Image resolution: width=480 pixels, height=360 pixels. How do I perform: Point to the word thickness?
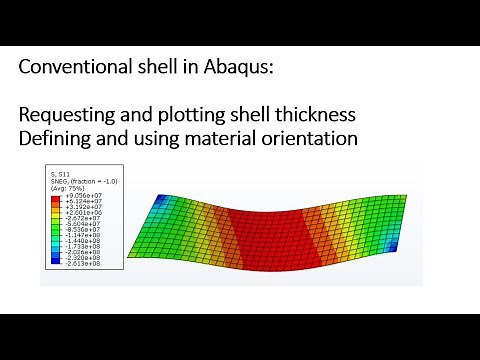315,116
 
